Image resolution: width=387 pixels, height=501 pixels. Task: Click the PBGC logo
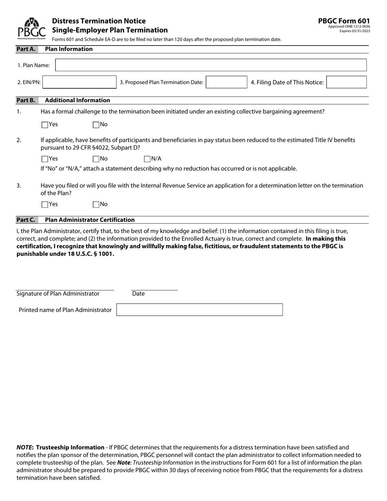point(31,28)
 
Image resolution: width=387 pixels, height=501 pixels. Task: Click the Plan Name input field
point(211,65)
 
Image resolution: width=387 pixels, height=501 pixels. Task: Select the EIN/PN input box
point(79,82)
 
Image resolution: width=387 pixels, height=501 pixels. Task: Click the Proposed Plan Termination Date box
point(226,82)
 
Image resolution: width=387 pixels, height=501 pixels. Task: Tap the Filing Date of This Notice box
point(346,82)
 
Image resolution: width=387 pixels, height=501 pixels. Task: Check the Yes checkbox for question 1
point(45,125)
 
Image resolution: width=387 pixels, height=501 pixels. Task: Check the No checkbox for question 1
point(96,125)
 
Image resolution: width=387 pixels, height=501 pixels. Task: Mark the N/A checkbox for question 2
point(147,159)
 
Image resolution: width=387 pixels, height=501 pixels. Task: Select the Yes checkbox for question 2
point(45,159)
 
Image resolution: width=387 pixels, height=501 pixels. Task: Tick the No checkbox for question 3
point(96,204)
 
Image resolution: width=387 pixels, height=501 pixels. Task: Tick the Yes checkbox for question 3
point(45,204)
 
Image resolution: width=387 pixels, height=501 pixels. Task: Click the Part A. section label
point(26,49)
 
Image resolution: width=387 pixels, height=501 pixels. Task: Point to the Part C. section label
point(26,220)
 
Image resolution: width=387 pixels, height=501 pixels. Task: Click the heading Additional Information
point(77,100)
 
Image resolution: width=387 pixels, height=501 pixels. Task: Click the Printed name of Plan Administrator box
point(199,310)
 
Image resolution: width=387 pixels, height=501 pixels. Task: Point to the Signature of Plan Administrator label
point(58,294)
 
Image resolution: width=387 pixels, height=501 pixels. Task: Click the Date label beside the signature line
point(139,294)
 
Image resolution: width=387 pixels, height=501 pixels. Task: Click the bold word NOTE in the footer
point(24,447)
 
